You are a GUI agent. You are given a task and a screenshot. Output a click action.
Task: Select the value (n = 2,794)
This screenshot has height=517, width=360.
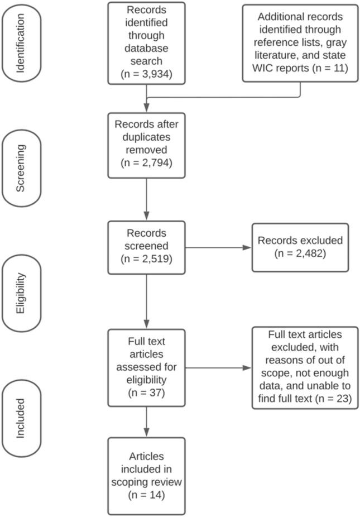point(147,163)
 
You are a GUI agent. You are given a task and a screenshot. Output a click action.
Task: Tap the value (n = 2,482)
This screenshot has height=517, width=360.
point(300,253)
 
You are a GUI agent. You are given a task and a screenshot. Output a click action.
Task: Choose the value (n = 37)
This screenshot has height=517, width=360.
point(147,394)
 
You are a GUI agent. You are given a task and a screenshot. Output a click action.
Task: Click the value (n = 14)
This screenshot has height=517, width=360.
point(147,494)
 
